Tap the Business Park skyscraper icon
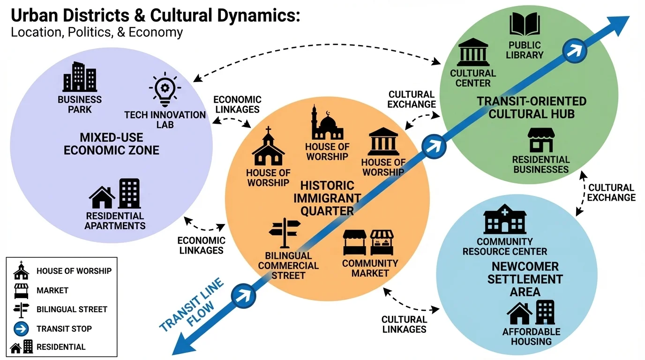[x=80, y=77]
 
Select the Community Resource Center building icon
[x=504, y=219]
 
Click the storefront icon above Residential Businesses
[x=540, y=140]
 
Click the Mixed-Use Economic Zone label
[x=112, y=144]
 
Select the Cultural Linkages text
[x=404, y=324]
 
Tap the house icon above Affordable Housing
[x=519, y=314]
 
